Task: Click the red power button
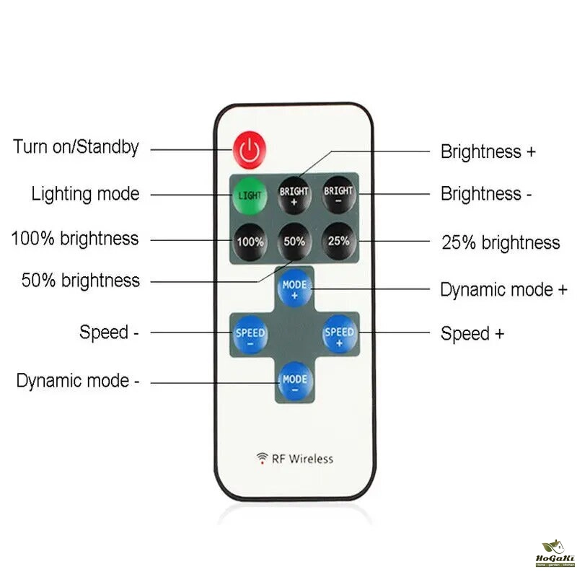coord(250,149)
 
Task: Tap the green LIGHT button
coord(250,195)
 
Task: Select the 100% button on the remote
coord(250,242)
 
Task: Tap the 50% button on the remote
coord(294,242)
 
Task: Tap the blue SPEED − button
coord(250,336)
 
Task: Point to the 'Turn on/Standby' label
coord(76,148)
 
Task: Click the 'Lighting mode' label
coord(85,194)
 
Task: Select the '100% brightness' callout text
coord(75,239)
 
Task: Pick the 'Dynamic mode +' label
coord(503,290)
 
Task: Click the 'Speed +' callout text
coord(472,334)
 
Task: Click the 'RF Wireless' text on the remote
coord(302,458)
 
